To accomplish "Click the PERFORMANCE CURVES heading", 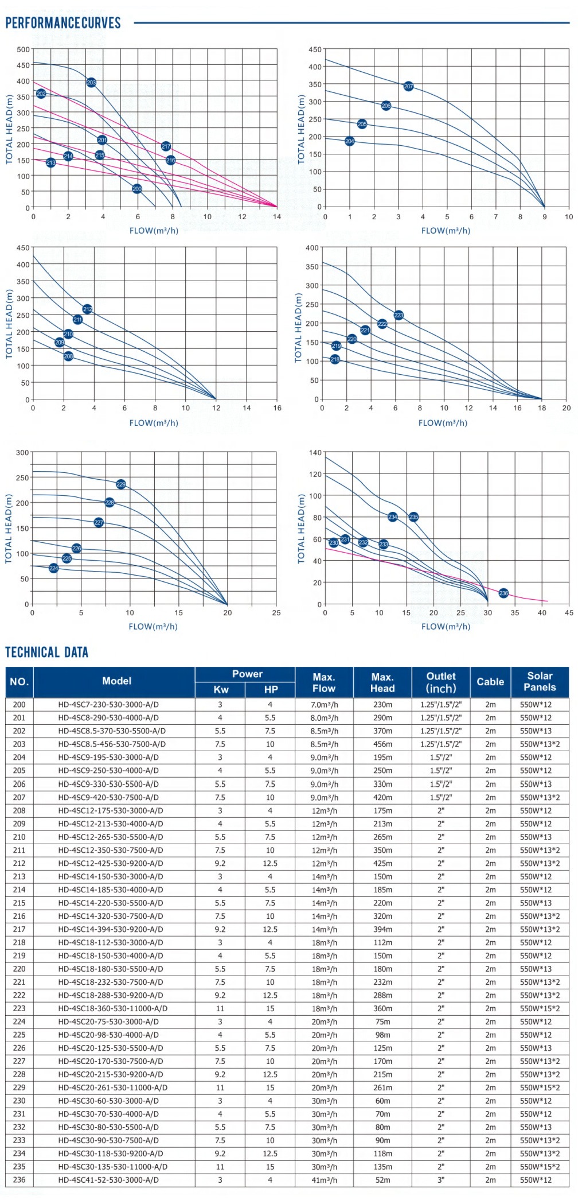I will point(63,23).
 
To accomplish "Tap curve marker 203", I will point(91,83).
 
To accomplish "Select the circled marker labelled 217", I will point(166,146).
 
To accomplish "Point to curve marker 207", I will point(408,86).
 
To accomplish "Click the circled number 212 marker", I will point(87,309).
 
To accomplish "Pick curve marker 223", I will point(399,315).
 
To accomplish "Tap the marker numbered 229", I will point(121,484).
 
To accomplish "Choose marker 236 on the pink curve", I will point(503,593).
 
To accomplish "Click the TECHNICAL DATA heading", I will point(47,652).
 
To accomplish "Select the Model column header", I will point(116,681).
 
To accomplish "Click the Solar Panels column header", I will point(540,681).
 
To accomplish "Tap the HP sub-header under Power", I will point(271,690).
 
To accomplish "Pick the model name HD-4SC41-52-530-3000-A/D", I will point(108,1180).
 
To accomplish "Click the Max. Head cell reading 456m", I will point(382,744).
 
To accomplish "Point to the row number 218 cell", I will point(19,942).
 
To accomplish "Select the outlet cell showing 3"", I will point(441,1180).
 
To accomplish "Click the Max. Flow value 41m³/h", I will point(324,1180).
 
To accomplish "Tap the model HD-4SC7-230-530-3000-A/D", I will point(108,705).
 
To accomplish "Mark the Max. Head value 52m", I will point(382,1180).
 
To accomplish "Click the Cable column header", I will point(490,682).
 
